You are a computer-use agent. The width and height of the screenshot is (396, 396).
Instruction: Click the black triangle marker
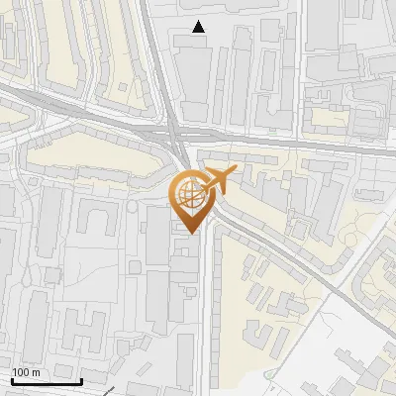199,27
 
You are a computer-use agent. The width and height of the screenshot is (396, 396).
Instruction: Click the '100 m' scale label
26,371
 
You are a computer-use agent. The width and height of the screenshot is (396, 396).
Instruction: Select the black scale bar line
46,381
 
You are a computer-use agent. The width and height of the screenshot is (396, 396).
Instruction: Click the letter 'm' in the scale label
36,371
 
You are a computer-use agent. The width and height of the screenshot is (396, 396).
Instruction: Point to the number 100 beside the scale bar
21,371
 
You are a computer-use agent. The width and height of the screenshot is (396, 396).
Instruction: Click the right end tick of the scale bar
81,379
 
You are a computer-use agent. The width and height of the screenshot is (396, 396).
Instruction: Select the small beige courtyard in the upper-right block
327,117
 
